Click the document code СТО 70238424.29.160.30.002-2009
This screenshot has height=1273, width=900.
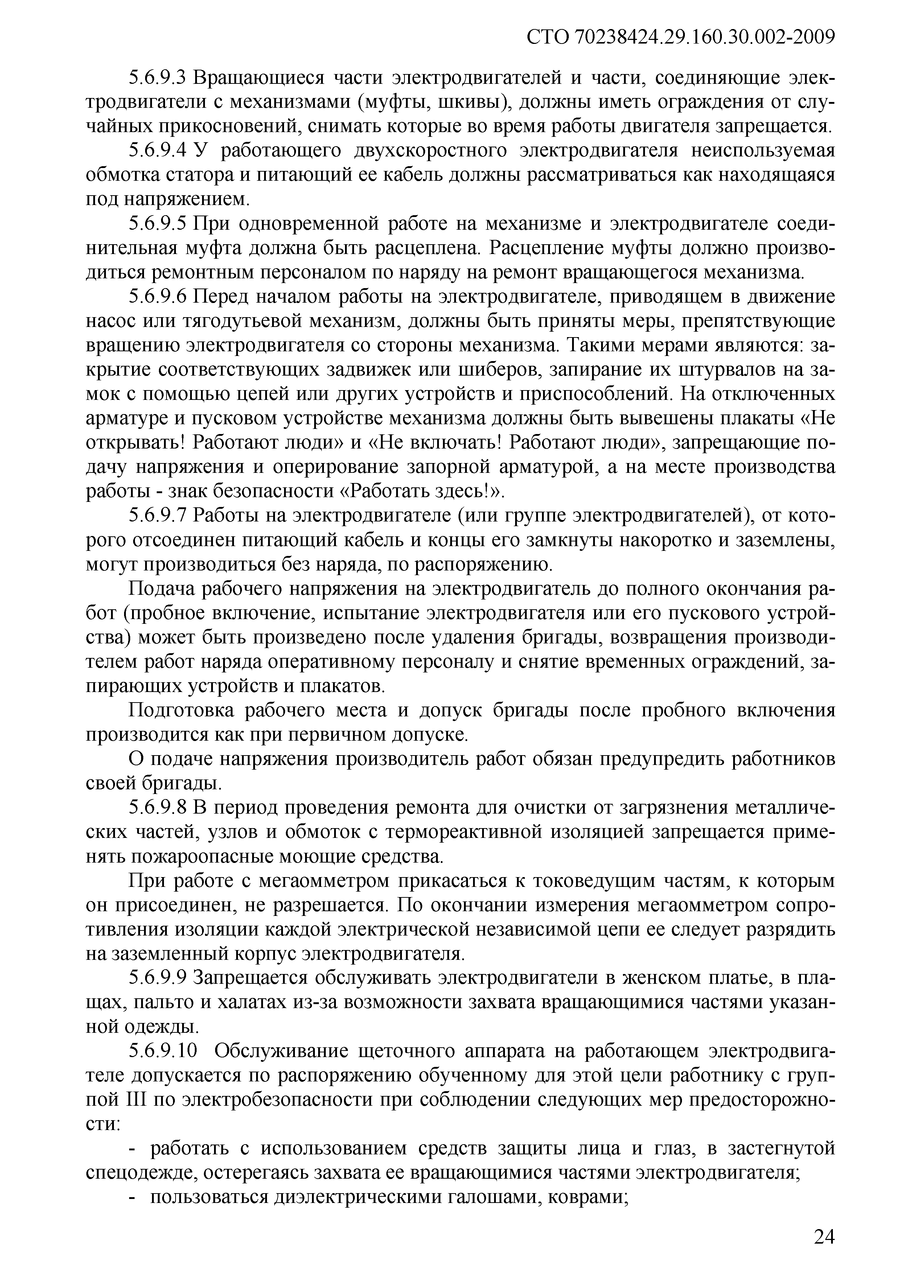tap(680, 37)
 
